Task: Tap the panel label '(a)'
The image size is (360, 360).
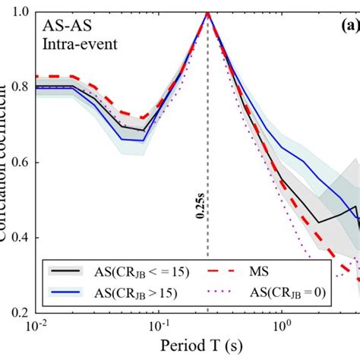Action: (349, 25)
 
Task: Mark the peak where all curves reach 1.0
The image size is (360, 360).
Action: (207, 13)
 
